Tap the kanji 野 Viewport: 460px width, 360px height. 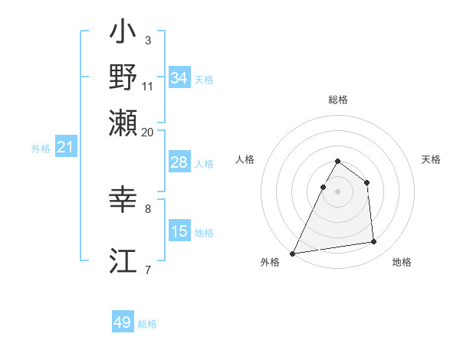click(x=123, y=77)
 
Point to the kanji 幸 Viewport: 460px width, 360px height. click(x=123, y=201)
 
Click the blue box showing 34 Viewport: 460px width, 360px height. click(x=179, y=78)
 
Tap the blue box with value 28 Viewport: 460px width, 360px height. click(x=179, y=162)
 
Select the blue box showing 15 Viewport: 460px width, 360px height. click(x=179, y=231)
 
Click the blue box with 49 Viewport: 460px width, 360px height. click(x=123, y=322)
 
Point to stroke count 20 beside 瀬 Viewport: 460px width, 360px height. click(x=148, y=132)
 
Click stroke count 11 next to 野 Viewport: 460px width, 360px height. click(x=148, y=87)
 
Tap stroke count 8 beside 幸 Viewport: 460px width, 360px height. click(x=148, y=208)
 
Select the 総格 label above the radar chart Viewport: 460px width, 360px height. click(x=338, y=100)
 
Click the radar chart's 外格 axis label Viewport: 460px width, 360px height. click(x=270, y=263)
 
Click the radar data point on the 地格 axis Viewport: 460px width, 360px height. click(x=374, y=242)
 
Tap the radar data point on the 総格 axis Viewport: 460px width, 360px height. click(x=338, y=162)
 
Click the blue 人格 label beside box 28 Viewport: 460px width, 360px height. click(x=204, y=163)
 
